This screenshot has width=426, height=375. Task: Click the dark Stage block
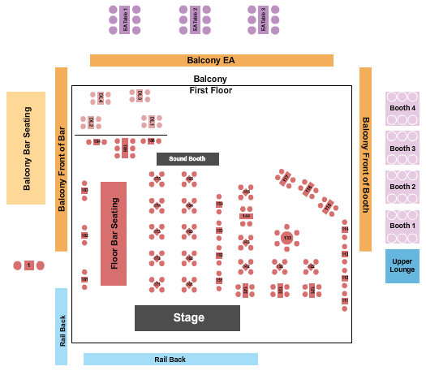[x=187, y=317]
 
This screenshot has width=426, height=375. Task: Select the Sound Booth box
[x=187, y=159]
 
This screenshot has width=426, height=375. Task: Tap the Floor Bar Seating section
[x=114, y=234]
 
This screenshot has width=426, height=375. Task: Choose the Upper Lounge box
[x=402, y=266]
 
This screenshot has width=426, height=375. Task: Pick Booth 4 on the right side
[x=402, y=109]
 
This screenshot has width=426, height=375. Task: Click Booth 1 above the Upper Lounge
[x=402, y=226]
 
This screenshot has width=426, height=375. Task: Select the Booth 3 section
[x=402, y=149]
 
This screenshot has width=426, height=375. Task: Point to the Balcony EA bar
[x=211, y=60]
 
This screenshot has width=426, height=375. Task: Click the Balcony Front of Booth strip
[x=365, y=158]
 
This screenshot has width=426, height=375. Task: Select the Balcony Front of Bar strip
[x=61, y=158]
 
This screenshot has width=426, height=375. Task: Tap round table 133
[x=286, y=237]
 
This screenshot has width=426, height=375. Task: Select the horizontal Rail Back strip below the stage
[x=170, y=359]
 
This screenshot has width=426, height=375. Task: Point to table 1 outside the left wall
[x=29, y=265]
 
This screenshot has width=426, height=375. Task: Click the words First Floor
[x=211, y=90]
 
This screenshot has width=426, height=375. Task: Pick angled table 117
[x=286, y=177]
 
